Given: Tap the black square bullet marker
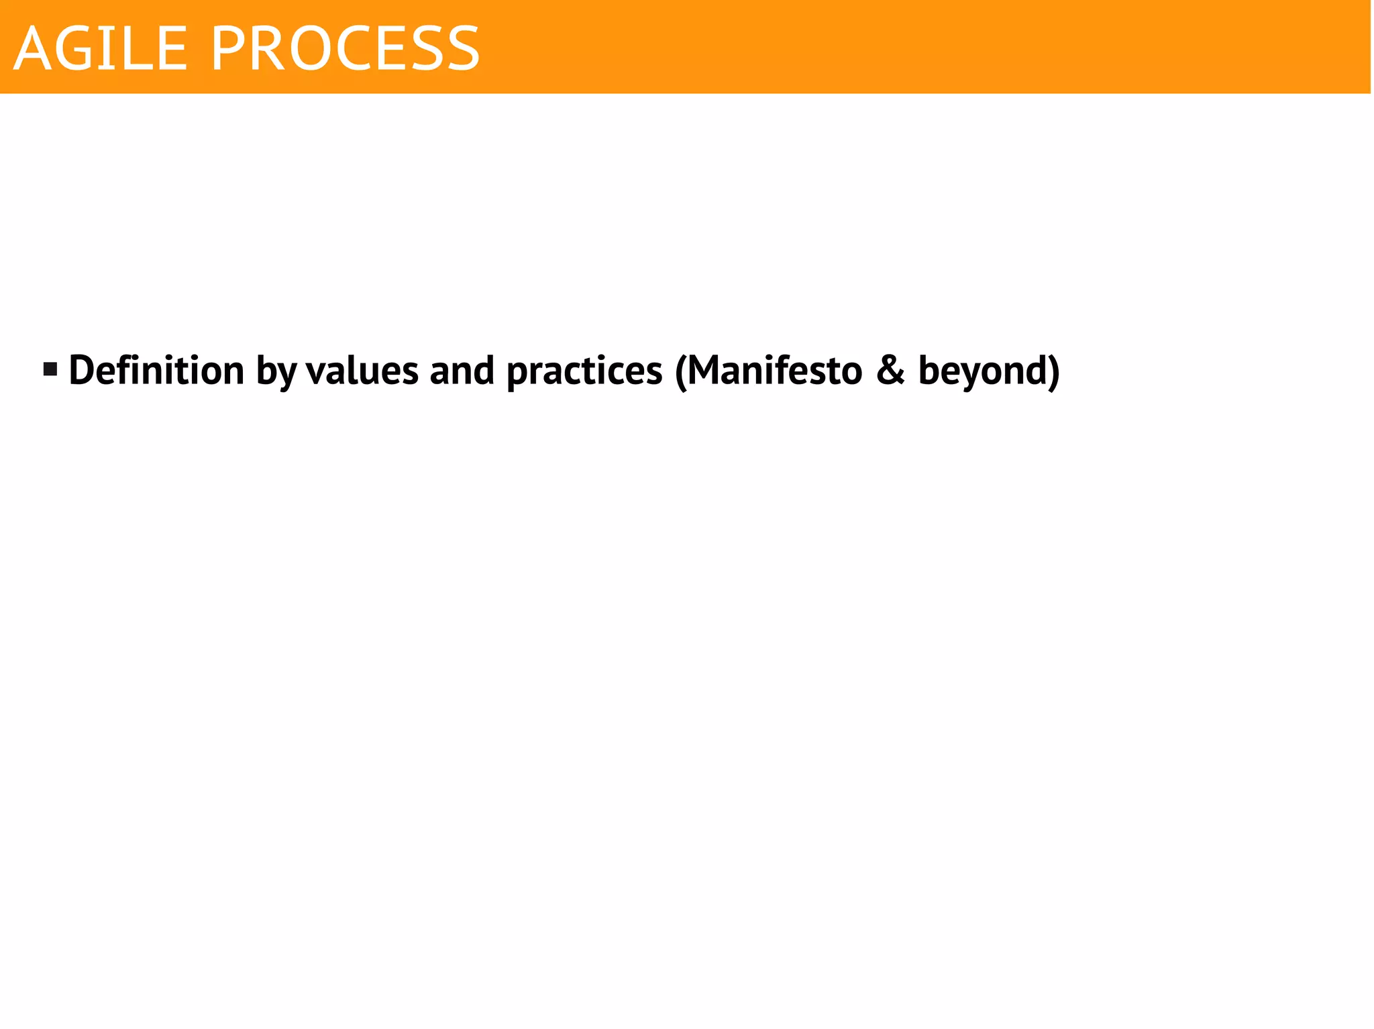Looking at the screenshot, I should point(50,369).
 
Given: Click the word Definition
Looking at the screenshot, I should point(156,370).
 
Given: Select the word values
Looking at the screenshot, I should point(362,370).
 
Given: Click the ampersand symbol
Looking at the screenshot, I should point(890,370).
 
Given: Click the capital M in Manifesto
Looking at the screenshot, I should point(706,370).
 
